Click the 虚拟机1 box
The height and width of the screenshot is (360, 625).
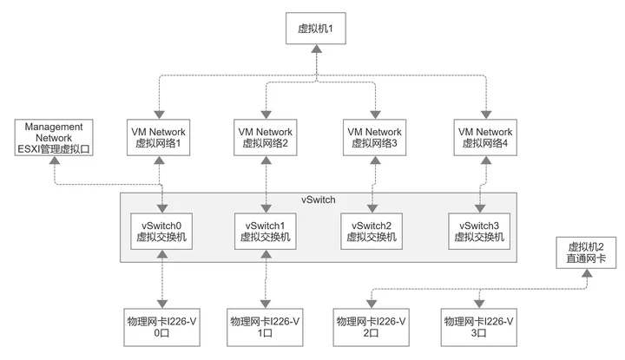tap(316, 29)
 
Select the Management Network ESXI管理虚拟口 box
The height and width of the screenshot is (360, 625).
tap(54, 137)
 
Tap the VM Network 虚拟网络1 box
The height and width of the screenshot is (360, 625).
tap(158, 137)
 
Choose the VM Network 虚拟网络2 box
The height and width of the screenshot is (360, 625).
tap(265, 137)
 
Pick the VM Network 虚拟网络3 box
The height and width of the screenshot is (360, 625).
tap(375, 137)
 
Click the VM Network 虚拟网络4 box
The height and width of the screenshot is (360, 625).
tap(485, 137)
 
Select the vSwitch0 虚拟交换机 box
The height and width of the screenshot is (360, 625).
tap(161, 232)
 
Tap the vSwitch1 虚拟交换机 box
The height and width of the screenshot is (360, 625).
tap(265, 232)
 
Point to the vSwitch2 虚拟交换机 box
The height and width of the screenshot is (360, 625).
tap(372, 232)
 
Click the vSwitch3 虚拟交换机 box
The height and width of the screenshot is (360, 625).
tap(479, 232)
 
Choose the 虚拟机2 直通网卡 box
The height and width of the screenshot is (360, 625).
tap(586, 252)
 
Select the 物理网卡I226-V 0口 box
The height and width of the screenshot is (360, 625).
tap(161, 327)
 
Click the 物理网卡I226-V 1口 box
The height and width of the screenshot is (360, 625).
tap(265, 327)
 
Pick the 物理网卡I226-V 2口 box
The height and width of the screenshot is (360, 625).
tap(372, 327)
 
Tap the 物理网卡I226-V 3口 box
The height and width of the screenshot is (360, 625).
tap(478, 327)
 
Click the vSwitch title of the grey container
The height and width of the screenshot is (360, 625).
tap(318, 200)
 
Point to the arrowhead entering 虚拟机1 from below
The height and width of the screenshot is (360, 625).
tap(317, 49)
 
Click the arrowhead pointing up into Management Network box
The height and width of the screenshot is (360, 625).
tap(54, 160)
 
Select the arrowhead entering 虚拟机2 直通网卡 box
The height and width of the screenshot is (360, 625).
tap(587, 272)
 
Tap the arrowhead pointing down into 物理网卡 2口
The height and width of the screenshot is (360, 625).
tap(372, 304)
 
